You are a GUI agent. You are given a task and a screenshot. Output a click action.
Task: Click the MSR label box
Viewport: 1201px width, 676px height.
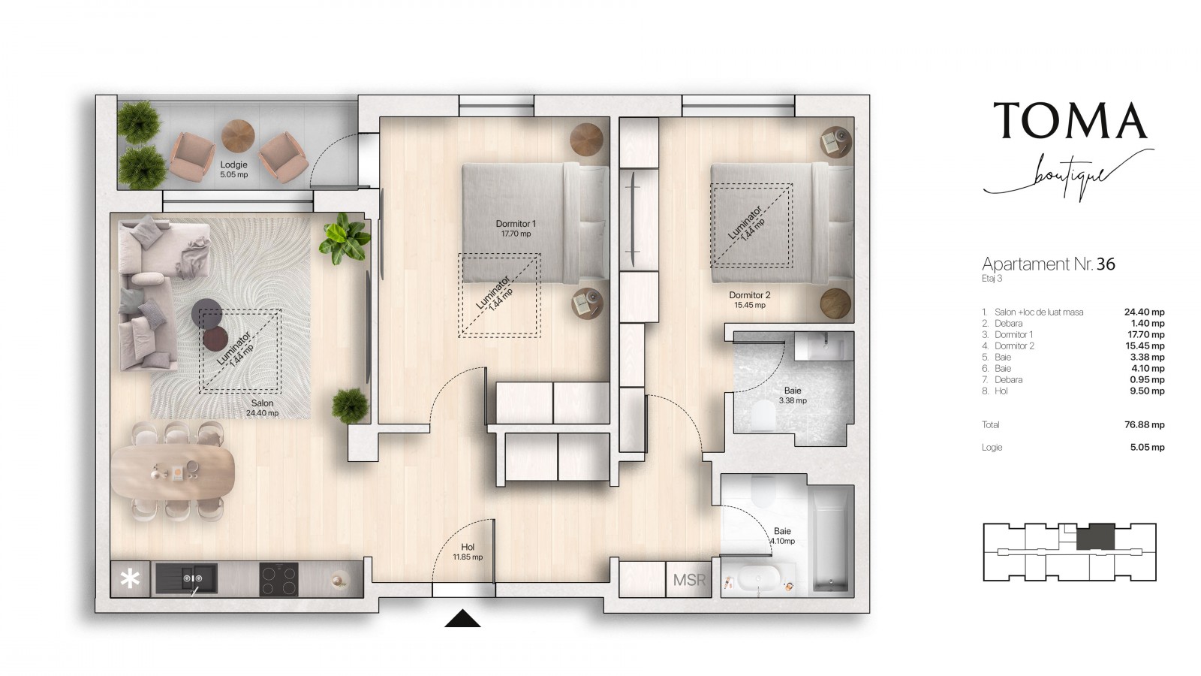[689, 579]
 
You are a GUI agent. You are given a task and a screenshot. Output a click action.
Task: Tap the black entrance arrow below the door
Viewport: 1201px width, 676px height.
[462, 619]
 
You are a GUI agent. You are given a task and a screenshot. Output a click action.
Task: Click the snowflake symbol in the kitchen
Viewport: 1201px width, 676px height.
[130, 579]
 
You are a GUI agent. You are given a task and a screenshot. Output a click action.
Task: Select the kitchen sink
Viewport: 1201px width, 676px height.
[187, 579]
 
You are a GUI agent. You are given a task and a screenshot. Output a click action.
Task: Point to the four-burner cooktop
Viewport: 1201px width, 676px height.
[278, 579]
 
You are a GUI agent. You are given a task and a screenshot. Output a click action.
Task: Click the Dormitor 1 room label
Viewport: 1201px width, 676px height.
[516, 228]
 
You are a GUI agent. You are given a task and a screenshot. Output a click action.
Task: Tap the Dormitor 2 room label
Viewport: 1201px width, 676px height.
[750, 300]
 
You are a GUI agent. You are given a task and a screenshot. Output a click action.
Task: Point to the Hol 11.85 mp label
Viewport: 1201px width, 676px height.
[468, 551]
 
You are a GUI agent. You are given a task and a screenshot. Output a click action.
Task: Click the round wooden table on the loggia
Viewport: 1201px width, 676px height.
[238, 136]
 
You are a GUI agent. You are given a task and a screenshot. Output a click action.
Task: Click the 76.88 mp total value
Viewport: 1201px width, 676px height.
[1144, 425]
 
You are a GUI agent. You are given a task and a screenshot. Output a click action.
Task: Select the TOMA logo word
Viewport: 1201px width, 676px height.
[1070, 120]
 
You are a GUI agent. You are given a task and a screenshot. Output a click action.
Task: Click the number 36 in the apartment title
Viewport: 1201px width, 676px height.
[1106, 264]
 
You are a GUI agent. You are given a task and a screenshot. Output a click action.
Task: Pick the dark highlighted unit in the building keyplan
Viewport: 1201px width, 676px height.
[1095, 537]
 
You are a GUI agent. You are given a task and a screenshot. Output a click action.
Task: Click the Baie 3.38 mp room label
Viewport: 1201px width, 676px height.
[793, 395]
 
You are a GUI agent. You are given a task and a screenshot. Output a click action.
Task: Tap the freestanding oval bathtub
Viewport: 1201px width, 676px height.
[758, 579]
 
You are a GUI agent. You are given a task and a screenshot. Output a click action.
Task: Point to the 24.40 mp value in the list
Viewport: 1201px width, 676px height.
[1144, 312]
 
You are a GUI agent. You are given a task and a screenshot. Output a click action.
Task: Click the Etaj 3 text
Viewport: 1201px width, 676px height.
[992, 279]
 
